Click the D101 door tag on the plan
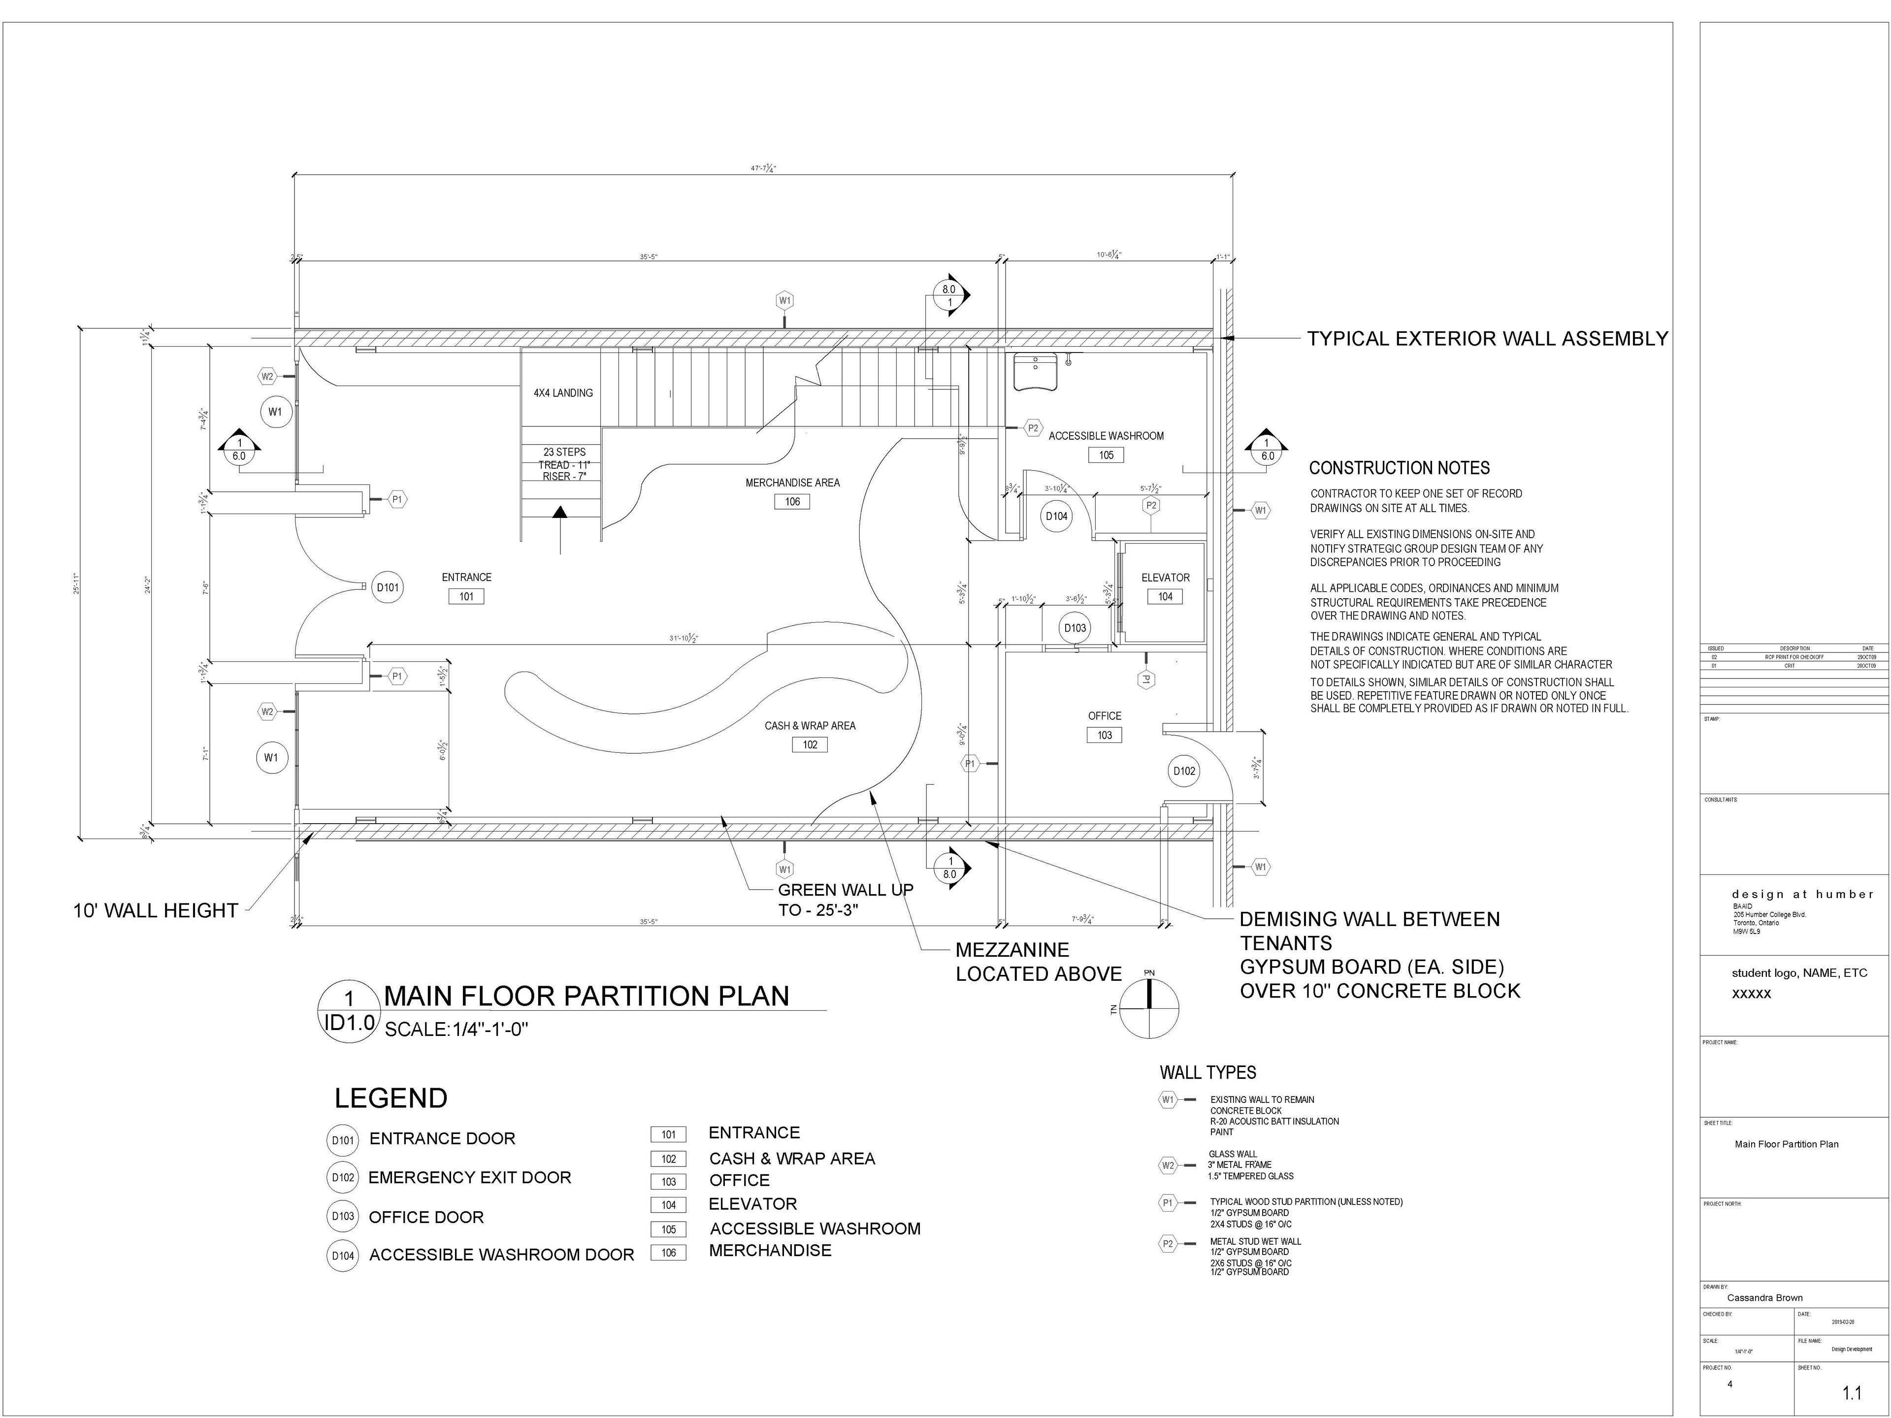pos(387,588)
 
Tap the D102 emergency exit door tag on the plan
pos(1184,771)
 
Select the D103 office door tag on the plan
pos(1075,628)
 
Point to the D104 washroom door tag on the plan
pos(1057,516)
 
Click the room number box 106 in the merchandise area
pos(792,502)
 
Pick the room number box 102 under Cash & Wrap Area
pos(810,744)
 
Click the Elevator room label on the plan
pos(1165,578)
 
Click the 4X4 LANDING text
pos(563,393)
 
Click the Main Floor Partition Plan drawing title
pos(587,997)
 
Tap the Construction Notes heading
pos(1400,468)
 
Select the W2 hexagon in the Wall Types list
pos(1168,1165)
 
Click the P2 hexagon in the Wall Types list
pos(1168,1244)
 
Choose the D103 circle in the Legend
pos(343,1216)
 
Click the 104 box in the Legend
pos(669,1205)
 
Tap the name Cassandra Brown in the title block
pos(1764,1297)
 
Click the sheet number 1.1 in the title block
pos(1852,1393)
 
